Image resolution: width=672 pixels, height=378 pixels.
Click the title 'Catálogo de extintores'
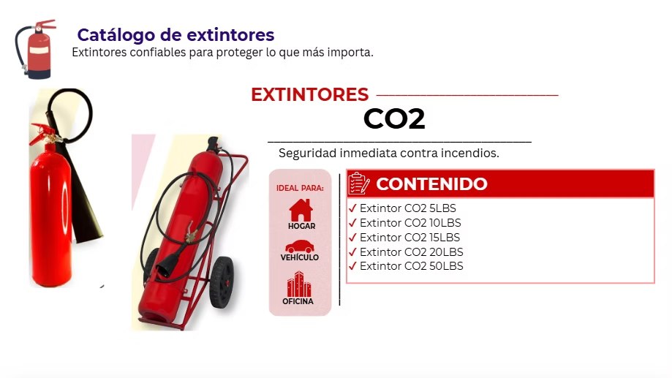175,35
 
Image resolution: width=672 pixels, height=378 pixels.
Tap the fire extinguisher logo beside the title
36,49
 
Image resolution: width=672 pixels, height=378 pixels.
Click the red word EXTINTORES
309,94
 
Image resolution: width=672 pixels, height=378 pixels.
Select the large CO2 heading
394,118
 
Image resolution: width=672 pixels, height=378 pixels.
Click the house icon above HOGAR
301,210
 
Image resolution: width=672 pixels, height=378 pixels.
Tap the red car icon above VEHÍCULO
300,246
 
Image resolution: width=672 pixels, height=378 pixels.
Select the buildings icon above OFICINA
299,284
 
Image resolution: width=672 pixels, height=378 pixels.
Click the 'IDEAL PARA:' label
300,188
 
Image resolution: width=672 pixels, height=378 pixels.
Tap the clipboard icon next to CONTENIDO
359,184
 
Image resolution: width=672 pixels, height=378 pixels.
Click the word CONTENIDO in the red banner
431,184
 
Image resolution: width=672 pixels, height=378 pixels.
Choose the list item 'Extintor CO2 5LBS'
407,208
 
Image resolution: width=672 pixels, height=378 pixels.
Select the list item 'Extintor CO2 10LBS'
410,223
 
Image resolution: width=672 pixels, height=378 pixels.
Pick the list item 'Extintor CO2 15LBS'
409,238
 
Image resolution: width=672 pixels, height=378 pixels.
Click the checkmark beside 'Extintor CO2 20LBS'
352,252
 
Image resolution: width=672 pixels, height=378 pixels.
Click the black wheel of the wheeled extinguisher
222,282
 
